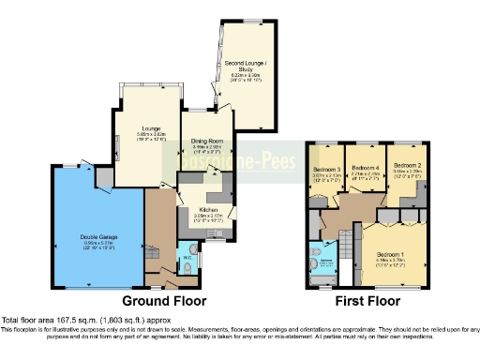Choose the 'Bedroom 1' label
(x=391, y=254)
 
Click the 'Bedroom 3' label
(x=325, y=170)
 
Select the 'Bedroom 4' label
(x=364, y=169)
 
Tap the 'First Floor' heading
(x=367, y=303)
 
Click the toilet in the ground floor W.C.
(x=187, y=269)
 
